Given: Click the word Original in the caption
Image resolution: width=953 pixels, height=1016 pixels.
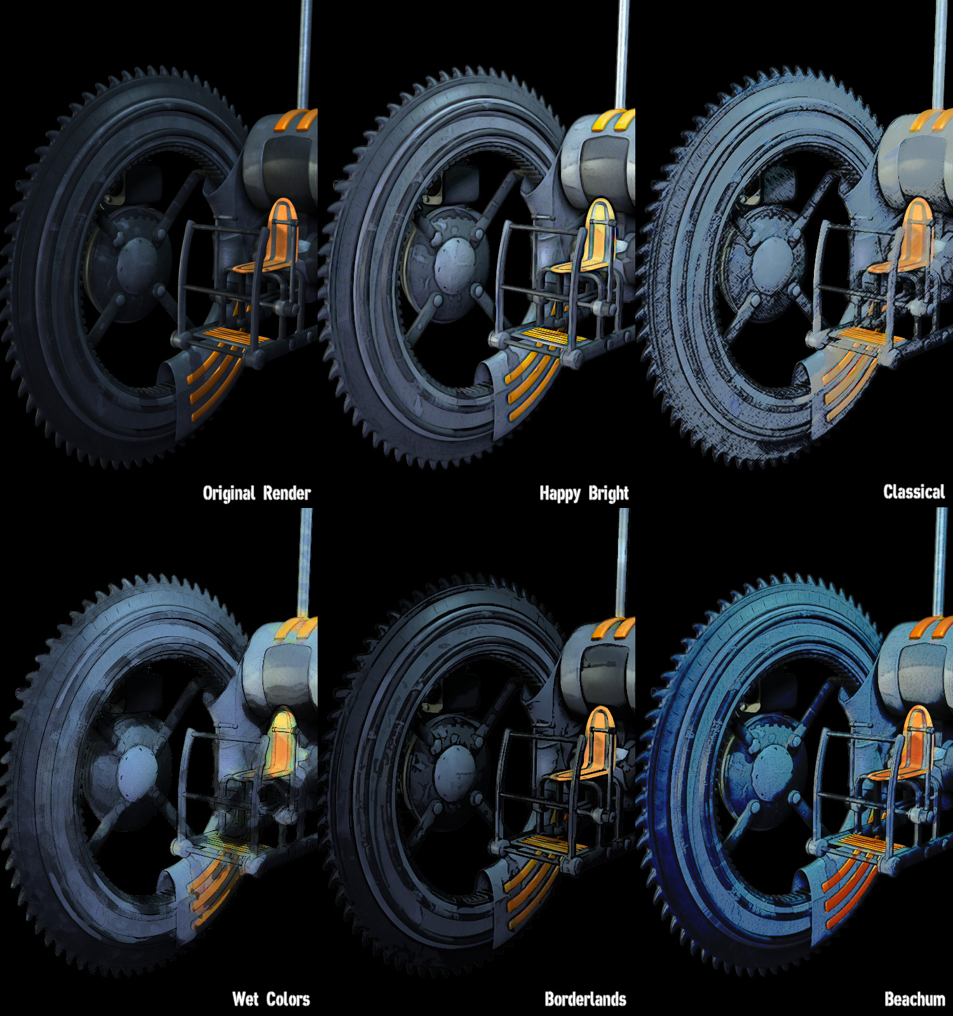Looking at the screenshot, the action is (229, 493).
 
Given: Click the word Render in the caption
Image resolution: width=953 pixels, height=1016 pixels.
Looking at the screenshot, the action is (287, 493).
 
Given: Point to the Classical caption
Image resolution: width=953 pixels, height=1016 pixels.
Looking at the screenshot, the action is (914, 491).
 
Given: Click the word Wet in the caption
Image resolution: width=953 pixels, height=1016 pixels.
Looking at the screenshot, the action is (245, 999).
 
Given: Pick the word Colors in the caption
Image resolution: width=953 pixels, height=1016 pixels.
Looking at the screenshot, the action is (288, 999).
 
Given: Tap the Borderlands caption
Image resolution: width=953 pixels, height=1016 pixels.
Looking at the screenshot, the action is (585, 999).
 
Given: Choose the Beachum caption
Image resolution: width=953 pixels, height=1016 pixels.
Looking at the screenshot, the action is (915, 999).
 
